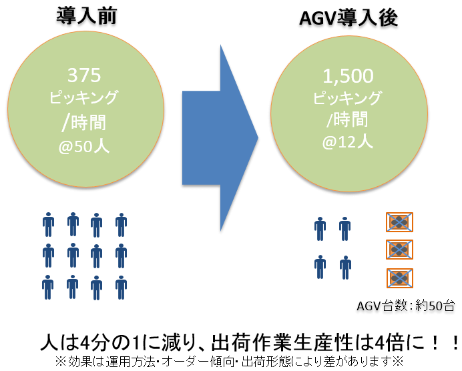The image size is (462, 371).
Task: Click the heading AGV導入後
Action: click(x=347, y=18)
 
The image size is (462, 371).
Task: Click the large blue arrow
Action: click(x=220, y=138)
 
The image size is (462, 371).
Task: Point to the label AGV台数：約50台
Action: click(x=406, y=307)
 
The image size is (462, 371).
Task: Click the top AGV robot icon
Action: click(x=399, y=222)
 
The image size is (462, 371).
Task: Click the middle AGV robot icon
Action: click(x=399, y=250)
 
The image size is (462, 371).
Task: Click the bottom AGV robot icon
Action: click(x=399, y=278)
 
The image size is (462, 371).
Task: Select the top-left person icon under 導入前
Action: click(x=48, y=225)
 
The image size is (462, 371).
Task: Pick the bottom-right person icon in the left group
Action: click(x=121, y=286)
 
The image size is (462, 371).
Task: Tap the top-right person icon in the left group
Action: click(x=121, y=225)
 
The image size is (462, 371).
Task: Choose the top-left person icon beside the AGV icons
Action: click(x=320, y=228)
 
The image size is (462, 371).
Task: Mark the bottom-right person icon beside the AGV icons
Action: click(x=344, y=268)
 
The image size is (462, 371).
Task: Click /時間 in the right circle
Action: click(x=347, y=120)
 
